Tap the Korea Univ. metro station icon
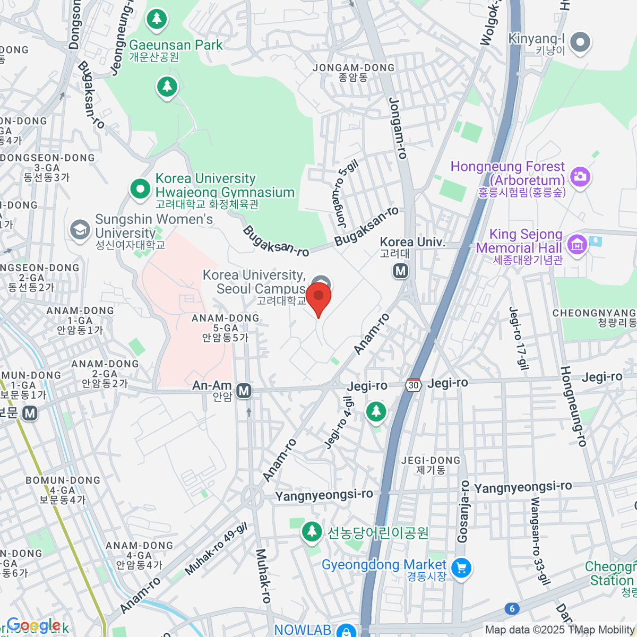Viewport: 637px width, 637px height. pyautogui.click(x=401, y=271)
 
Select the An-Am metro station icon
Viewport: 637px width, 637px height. pyautogui.click(x=244, y=391)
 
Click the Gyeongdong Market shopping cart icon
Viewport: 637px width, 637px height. pyautogui.click(x=461, y=569)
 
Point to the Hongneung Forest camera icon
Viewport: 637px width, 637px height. pyautogui.click(x=580, y=176)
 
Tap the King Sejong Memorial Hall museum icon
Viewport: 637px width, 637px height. pyautogui.click(x=577, y=244)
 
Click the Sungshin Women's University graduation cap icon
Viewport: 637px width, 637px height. pyautogui.click(x=80, y=230)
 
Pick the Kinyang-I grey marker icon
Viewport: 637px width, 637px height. pyautogui.click(x=580, y=42)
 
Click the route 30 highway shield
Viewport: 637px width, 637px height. pyautogui.click(x=414, y=385)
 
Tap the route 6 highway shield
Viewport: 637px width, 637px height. pyautogui.click(x=512, y=608)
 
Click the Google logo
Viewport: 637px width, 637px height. pyautogui.click(x=33, y=625)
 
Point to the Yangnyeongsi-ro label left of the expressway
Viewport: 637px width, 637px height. pyautogui.click(x=324, y=495)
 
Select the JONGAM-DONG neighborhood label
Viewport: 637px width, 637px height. pyautogui.click(x=354, y=68)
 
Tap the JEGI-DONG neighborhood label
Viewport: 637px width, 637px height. pyautogui.click(x=431, y=461)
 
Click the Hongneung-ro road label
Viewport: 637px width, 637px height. pyautogui.click(x=573, y=406)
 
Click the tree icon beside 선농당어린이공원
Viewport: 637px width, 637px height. pyautogui.click(x=312, y=531)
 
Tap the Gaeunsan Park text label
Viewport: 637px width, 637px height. pyautogui.click(x=176, y=45)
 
